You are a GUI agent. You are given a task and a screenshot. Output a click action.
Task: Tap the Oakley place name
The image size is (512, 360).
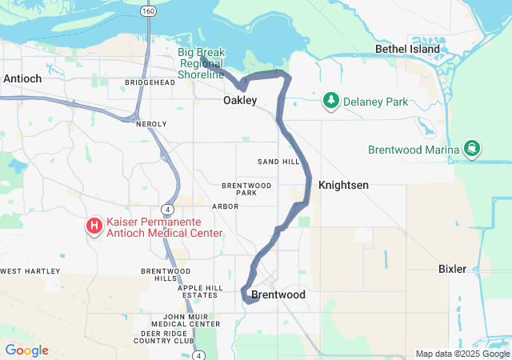[x=240, y=101]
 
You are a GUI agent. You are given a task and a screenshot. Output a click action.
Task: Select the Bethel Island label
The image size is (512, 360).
[x=408, y=49]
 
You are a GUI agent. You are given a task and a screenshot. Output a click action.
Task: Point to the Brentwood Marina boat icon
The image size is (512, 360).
[x=472, y=149]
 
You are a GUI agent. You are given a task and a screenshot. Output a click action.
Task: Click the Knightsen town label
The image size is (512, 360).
[x=343, y=185]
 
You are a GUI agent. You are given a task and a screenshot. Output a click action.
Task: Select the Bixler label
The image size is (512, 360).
[x=452, y=269]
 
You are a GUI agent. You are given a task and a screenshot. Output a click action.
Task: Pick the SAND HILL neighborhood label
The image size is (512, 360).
[x=278, y=162]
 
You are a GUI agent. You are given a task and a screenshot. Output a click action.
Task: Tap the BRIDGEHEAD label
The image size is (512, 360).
[x=150, y=82]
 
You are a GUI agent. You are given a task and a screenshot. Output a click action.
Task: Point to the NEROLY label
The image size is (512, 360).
[x=151, y=124]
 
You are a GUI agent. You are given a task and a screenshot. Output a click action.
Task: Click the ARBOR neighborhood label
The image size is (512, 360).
[x=226, y=206]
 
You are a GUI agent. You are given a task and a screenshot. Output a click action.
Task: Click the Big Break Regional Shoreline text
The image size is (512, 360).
[x=201, y=63]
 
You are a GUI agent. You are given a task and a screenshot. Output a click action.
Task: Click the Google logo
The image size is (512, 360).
[x=26, y=350]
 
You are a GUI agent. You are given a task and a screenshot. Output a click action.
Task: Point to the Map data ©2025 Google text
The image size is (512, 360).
[x=462, y=354]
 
